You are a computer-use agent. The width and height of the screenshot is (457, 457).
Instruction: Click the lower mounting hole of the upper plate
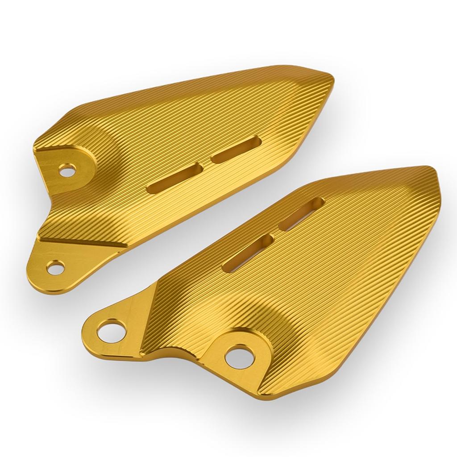(x=55, y=268)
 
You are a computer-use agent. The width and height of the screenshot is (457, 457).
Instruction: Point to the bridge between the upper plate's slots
(x=206, y=164)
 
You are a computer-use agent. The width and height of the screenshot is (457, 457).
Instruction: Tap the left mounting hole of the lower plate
(x=109, y=330)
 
